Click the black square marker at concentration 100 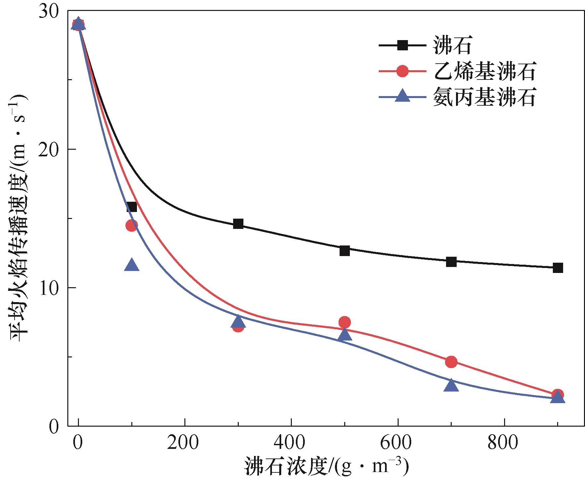coord(132,207)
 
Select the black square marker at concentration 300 coord(238,224)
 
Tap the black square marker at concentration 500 coord(345,251)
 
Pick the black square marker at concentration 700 coord(451,262)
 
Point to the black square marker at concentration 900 coord(558,268)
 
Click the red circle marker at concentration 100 coord(132,226)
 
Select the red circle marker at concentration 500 coord(345,322)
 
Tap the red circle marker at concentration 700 coord(451,362)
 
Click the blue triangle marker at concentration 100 coord(132,265)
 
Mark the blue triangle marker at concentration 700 coord(451,385)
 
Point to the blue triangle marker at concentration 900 coord(558,397)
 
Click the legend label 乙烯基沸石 coord(484,71)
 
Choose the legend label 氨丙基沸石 coord(484,97)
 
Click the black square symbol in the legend coord(403,45)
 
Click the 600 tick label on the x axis coord(398,443)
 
